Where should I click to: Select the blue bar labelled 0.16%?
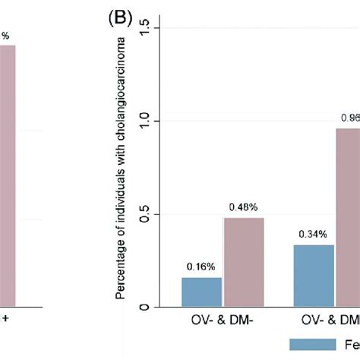coord(201,292)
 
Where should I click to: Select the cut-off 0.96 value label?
coord(350,118)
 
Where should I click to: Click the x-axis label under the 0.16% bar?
coord(223,322)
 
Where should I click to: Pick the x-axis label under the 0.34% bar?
coord(331,322)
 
